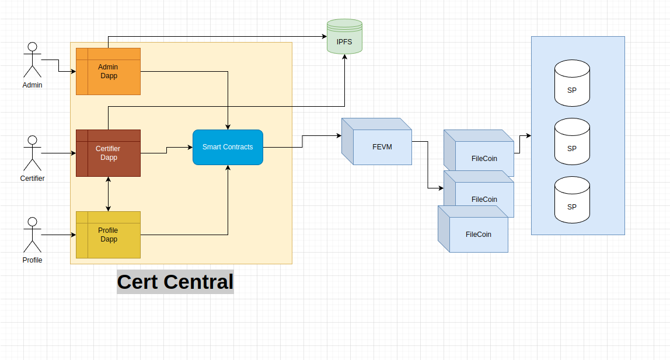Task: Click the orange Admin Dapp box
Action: coord(109,71)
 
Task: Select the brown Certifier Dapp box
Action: coord(109,153)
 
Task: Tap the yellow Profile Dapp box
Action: coord(109,235)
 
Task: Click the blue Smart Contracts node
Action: coord(228,147)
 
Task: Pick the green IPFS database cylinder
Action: coord(344,37)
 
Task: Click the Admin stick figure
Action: coord(32,60)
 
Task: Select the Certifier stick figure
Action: coord(32,153)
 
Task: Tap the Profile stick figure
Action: coord(32,235)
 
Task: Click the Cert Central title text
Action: coord(175,282)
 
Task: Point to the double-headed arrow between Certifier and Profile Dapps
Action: coord(109,194)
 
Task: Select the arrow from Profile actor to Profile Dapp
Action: coord(58,235)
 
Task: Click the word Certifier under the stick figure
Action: coord(32,179)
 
